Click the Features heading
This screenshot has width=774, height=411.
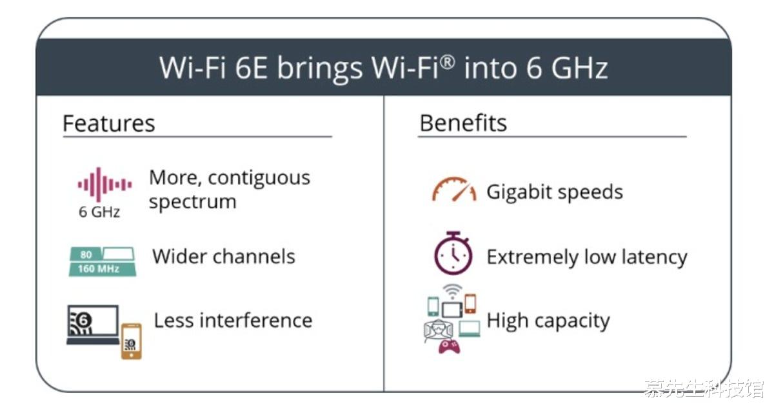point(108,123)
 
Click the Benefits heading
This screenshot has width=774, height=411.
point(463,123)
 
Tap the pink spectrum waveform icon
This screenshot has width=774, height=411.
point(104,185)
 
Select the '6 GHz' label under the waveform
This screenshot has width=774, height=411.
point(99,212)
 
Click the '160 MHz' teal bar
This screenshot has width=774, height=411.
point(103,269)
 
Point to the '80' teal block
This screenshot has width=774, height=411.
point(86,254)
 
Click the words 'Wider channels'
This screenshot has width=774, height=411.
point(224,257)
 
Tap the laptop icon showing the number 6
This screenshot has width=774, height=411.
point(94,325)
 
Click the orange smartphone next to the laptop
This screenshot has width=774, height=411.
point(132,341)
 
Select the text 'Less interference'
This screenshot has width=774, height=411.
point(233,321)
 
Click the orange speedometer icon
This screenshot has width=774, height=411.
point(454,189)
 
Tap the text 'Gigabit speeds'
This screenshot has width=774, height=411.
point(555,192)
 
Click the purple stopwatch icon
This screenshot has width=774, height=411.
point(453,253)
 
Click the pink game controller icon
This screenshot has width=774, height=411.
point(449,346)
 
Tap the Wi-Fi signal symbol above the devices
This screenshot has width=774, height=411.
point(452,291)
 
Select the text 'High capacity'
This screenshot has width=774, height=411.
point(548,321)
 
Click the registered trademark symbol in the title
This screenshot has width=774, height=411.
point(448,63)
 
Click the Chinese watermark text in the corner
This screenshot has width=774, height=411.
point(704,388)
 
